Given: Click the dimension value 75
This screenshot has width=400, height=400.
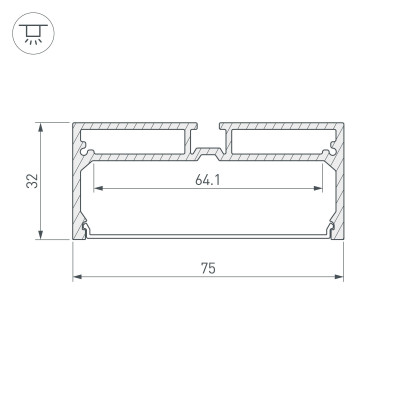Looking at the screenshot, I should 207,268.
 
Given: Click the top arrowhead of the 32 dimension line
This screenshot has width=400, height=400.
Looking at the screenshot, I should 40,127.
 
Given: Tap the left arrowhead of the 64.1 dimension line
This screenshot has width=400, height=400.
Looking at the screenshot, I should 96,190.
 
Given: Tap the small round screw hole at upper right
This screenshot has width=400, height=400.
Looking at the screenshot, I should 326,153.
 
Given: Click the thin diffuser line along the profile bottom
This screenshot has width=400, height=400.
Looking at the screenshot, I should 208,235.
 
